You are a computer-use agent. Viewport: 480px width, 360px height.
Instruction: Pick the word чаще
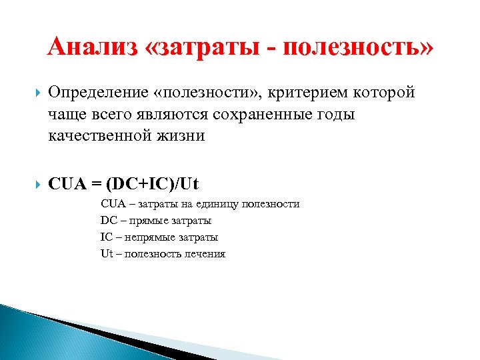(65, 114)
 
